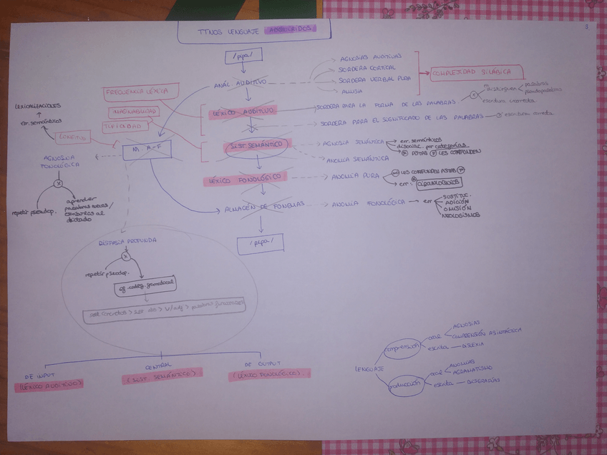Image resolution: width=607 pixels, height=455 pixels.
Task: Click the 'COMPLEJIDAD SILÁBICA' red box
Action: [476, 72]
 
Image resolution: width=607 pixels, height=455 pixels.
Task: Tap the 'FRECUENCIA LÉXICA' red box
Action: [137, 92]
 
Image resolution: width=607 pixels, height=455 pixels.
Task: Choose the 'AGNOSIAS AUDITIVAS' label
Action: [371, 57]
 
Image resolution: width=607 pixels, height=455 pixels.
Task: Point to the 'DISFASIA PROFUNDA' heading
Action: [127, 241]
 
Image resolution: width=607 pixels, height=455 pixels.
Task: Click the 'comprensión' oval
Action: [402, 348]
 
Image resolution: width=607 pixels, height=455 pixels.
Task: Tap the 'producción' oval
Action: [405, 384]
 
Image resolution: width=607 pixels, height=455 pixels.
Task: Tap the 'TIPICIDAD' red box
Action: [127, 126]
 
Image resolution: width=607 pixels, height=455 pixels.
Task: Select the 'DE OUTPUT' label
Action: [262, 363]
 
